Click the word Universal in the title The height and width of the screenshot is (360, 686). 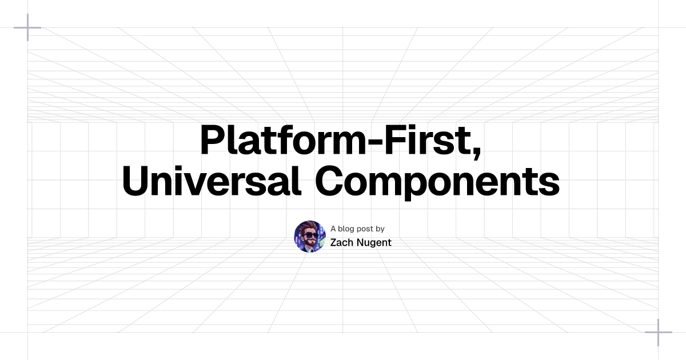pos(212,181)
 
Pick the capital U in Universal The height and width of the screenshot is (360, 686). pos(136,181)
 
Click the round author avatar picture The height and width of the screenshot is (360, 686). pos(310,237)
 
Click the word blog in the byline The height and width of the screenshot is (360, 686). pos(347,229)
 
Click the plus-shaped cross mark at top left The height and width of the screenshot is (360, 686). pos(27,27)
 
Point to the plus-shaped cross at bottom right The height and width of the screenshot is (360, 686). pos(659,333)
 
